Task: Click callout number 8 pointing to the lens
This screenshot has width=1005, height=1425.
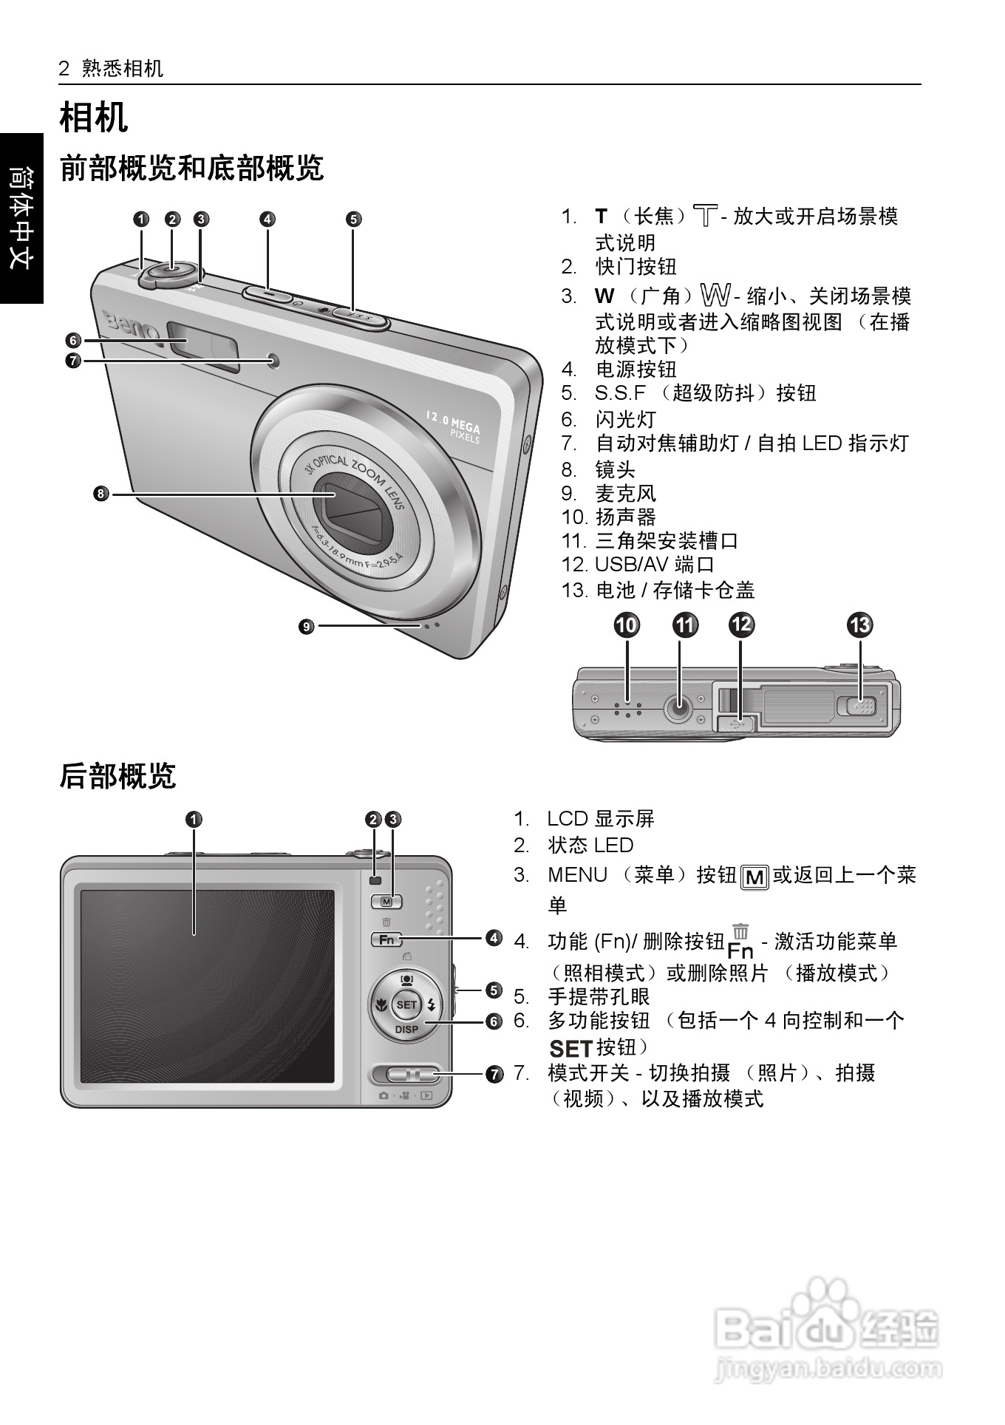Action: [x=101, y=494]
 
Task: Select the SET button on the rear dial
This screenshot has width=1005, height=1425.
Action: [x=406, y=1004]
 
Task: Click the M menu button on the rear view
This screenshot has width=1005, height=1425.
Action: [x=386, y=901]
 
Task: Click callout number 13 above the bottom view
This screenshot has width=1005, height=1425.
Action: [x=859, y=625]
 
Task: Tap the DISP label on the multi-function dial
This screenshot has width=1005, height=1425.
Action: [x=406, y=1029]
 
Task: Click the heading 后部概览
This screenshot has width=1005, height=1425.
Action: [x=117, y=776]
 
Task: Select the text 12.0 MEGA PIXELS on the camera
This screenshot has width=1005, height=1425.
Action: [x=452, y=426]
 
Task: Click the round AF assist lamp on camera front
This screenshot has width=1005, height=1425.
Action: [x=275, y=360]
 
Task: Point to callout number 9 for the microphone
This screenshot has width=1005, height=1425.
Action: [x=306, y=627]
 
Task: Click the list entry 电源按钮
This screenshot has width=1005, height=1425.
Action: [x=636, y=369]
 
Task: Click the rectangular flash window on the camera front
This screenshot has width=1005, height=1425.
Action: [x=203, y=344]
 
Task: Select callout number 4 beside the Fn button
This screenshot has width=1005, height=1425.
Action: [x=494, y=939]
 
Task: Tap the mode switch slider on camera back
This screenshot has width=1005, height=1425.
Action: [x=405, y=1074]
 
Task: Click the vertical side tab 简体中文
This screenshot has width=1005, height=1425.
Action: [x=21, y=217]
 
